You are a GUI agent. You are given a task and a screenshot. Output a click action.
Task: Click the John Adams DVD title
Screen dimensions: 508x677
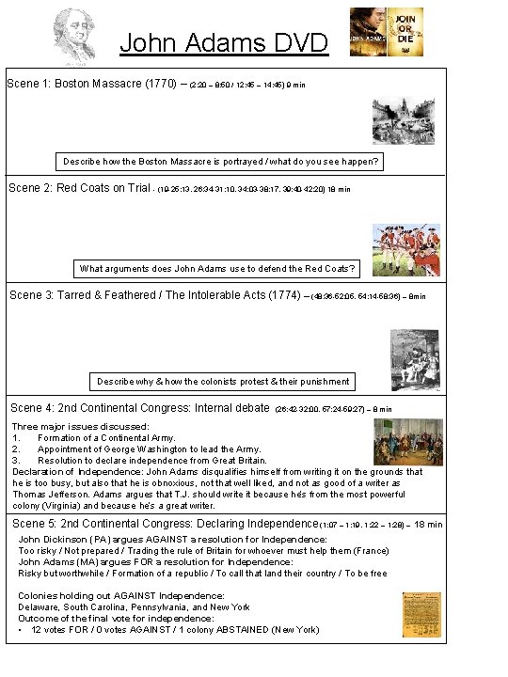tap(224, 42)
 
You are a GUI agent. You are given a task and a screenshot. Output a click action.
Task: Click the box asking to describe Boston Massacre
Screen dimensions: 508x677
tap(221, 162)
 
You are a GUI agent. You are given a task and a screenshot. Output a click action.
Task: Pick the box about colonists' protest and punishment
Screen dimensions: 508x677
tap(223, 381)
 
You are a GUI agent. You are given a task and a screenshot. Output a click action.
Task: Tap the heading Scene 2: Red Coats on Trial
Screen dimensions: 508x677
tap(79, 188)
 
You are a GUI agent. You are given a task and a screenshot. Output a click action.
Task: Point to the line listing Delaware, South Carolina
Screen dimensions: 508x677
tap(135, 606)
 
